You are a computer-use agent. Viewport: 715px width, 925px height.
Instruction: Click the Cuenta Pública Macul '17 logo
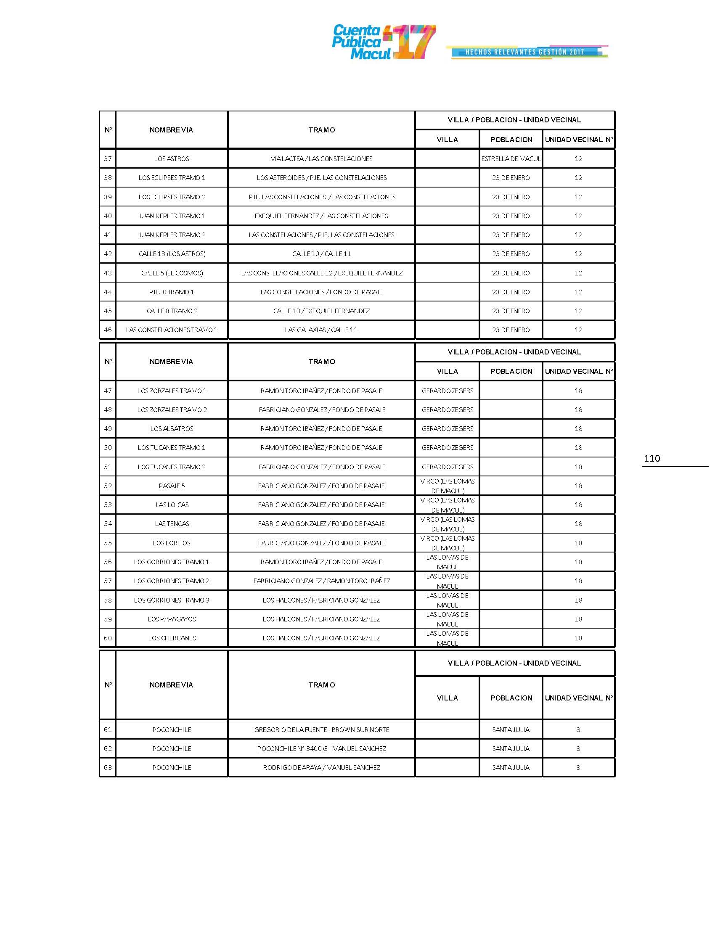coord(383,42)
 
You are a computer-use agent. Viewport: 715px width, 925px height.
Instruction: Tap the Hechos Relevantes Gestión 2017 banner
coord(527,52)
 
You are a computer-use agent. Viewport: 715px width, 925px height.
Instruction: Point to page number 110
coord(651,458)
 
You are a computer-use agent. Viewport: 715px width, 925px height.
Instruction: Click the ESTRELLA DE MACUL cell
coord(511,159)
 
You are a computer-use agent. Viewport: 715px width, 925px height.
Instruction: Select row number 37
coord(108,159)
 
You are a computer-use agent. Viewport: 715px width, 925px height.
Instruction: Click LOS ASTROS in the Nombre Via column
coord(172,159)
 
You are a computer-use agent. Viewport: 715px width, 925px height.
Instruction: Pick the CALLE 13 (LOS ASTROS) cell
coord(172,254)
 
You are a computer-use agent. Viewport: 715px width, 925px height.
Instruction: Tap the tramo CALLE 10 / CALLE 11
coord(321,254)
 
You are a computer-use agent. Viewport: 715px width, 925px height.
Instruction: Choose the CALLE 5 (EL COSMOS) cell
coord(172,273)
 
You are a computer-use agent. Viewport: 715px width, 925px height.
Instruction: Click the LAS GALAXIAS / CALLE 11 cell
coord(321,330)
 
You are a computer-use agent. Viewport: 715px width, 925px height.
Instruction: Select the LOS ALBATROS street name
coord(172,428)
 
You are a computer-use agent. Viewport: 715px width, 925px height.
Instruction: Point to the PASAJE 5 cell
coord(172,486)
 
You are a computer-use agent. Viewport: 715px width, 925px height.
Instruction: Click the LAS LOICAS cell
coord(172,505)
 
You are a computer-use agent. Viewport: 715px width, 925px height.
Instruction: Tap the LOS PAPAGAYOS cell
coord(172,619)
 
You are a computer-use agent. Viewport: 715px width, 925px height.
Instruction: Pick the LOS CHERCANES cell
coord(172,638)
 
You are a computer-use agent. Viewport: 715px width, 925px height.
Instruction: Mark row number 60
coord(108,638)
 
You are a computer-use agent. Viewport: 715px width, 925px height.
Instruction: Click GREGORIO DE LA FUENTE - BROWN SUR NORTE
coord(321,730)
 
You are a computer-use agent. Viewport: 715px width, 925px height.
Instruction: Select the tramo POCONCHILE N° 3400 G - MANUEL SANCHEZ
coord(321,749)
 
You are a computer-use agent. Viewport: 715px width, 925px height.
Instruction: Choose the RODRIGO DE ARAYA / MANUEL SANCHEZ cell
coord(321,768)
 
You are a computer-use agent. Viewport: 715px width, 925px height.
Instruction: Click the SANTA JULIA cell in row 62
coord(511,749)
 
